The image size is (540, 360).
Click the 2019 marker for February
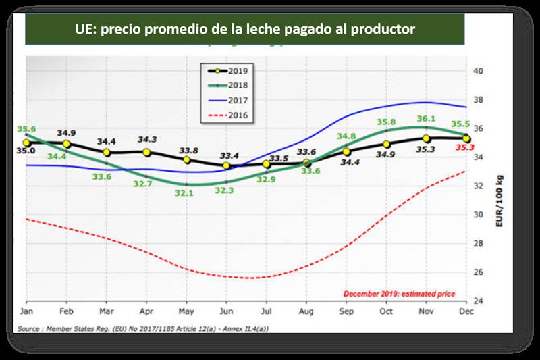tap(67, 144)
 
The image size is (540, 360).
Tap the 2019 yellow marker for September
tap(347, 152)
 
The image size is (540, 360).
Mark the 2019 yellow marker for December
tap(466, 138)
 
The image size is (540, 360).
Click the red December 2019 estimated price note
tap(400, 294)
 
